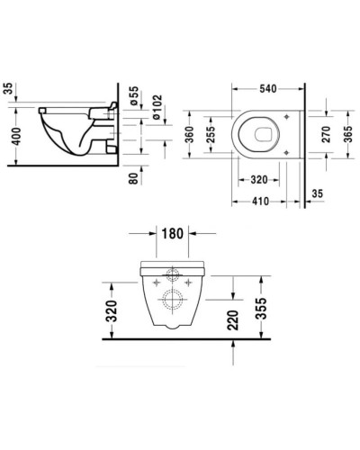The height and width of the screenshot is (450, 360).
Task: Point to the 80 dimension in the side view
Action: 133,175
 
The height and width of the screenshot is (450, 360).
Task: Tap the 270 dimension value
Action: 327,134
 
